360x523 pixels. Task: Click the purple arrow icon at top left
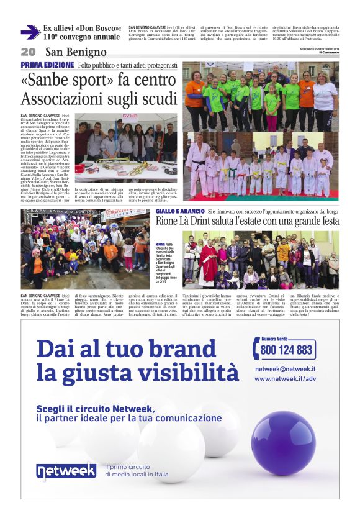click(x=30, y=32)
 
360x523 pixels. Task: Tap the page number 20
click(x=28, y=52)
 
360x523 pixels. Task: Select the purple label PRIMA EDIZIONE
click(x=47, y=65)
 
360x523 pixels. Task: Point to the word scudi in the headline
click(x=157, y=99)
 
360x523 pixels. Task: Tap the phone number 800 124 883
click(x=286, y=350)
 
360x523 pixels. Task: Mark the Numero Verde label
click(x=277, y=339)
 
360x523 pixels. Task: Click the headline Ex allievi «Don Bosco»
click(x=81, y=29)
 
